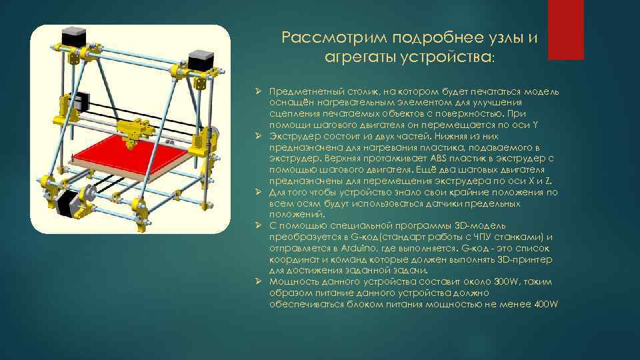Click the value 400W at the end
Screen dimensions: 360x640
pyautogui.click(x=547, y=304)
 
